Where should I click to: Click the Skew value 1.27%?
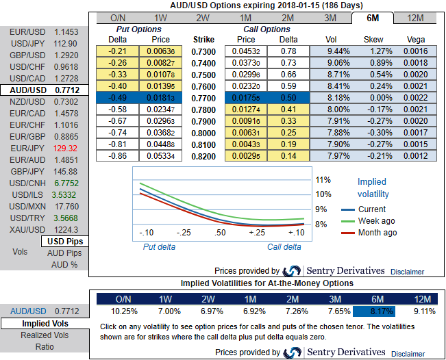click(x=374, y=51)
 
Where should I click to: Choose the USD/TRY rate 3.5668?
click(x=66, y=218)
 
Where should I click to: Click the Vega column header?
click(x=416, y=40)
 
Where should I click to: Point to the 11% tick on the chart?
click(x=323, y=180)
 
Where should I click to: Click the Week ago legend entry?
click(x=376, y=221)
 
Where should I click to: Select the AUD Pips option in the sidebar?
click(x=64, y=253)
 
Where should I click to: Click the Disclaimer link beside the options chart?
click(x=408, y=272)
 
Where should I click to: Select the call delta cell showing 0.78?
click(x=288, y=51)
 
